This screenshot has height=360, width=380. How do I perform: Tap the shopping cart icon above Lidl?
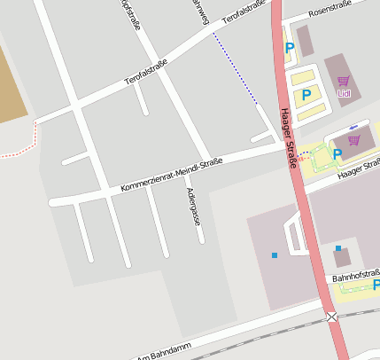343,81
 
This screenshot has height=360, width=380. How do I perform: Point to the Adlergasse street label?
192,206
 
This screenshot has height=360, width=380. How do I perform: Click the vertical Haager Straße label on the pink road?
288,137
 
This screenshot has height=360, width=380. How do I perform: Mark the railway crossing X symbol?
331,317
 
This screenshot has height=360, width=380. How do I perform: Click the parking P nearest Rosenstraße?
289,49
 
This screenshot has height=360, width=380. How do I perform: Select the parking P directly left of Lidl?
306,93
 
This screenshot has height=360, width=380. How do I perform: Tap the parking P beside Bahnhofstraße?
376,285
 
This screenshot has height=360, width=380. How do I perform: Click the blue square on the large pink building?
275,255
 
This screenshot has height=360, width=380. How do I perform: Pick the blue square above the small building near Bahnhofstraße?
338,248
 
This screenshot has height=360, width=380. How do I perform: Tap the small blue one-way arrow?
354,126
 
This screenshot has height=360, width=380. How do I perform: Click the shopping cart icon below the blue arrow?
354,139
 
